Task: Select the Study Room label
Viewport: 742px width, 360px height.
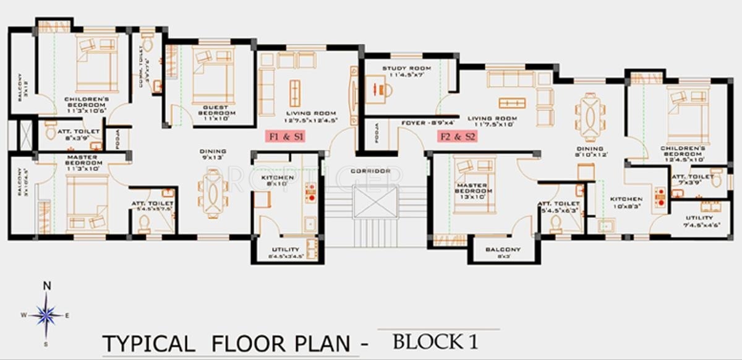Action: (x=406, y=71)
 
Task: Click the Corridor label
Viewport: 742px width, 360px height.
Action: (x=370, y=171)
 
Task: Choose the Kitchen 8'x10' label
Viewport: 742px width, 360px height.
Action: (x=276, y=180)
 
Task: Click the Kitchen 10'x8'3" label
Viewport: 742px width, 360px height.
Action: (x=627, y=203)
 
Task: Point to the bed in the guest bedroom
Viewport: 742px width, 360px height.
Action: (x=213, y=76)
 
